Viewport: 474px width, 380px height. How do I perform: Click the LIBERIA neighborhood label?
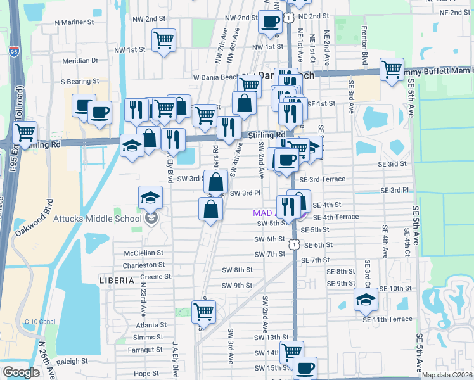coord(117,279)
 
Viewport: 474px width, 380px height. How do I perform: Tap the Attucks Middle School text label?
coord(105,219)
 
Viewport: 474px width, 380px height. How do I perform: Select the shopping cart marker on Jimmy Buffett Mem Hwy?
coord(392,69)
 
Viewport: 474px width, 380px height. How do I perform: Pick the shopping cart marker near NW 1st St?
coord(164,41)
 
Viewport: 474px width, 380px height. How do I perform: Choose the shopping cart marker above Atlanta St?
coord(203,312)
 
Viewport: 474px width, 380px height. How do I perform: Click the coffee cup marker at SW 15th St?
coord(305,368)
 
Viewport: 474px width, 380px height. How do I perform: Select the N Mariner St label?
coord(74,22)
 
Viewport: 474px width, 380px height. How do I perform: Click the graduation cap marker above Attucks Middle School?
coord(150,198)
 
